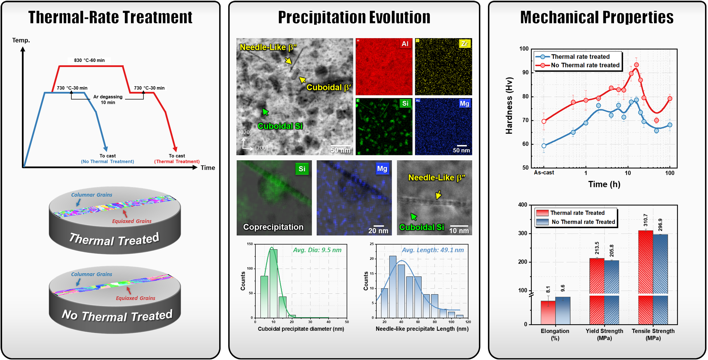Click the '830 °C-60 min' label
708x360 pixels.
point(89,60)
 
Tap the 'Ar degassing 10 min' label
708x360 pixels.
point(108,100)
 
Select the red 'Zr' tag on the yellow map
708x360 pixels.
point(464,44)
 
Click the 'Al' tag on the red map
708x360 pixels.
point(405,44)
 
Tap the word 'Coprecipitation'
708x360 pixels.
point(273,227)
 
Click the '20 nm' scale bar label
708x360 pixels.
point(378,231)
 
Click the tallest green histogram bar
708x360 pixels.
point(274,283)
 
